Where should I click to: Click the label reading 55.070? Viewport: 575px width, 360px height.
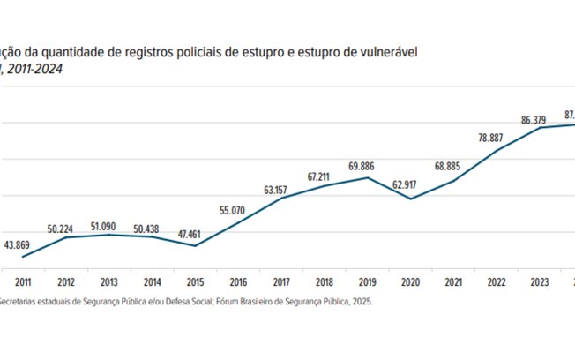coord(238,210)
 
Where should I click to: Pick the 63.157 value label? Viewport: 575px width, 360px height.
coord(280,189)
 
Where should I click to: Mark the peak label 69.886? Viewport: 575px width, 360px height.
coord(366,165)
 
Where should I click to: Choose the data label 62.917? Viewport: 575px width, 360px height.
coord(411,185)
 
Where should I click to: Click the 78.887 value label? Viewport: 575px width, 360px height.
coord(496,138)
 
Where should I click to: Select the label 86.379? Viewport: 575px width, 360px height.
coord(539,117)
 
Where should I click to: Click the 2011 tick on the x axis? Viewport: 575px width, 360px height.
coord(21,281)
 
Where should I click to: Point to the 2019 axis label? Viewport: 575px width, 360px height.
coord(367,281)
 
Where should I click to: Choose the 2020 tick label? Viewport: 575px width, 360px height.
coord(410,281)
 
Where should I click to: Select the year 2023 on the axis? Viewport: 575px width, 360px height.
coord(540,281)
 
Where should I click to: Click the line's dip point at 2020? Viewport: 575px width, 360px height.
coord(410,199)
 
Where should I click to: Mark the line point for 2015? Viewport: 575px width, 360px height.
coord(194,245)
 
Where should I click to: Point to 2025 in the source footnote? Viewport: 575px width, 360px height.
coord(360,301)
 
